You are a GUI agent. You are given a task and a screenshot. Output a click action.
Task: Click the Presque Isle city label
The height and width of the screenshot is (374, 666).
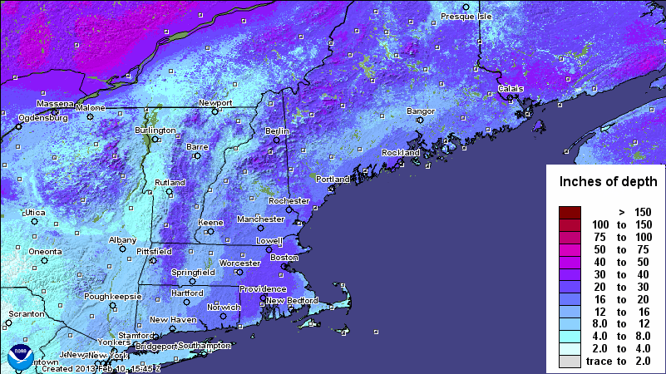click(x=466, y=16)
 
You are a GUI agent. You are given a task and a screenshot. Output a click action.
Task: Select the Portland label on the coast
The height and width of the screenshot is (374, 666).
click(x=333, y=179)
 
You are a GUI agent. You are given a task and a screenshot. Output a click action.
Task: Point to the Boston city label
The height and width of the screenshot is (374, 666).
click(x=284, y=258)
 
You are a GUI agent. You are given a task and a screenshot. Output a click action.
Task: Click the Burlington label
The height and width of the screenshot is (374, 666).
click(x=155, y=130)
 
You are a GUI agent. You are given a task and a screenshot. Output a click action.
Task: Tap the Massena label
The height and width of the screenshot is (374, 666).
click(x=56, y=104)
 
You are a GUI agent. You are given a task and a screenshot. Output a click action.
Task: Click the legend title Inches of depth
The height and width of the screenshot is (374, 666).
click(x=609, y=181)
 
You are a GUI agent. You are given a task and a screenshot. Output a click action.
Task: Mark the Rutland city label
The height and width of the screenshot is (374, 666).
click(x=170, y=183)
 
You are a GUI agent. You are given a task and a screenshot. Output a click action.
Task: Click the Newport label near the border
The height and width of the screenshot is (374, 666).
click(x=215, y=103)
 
